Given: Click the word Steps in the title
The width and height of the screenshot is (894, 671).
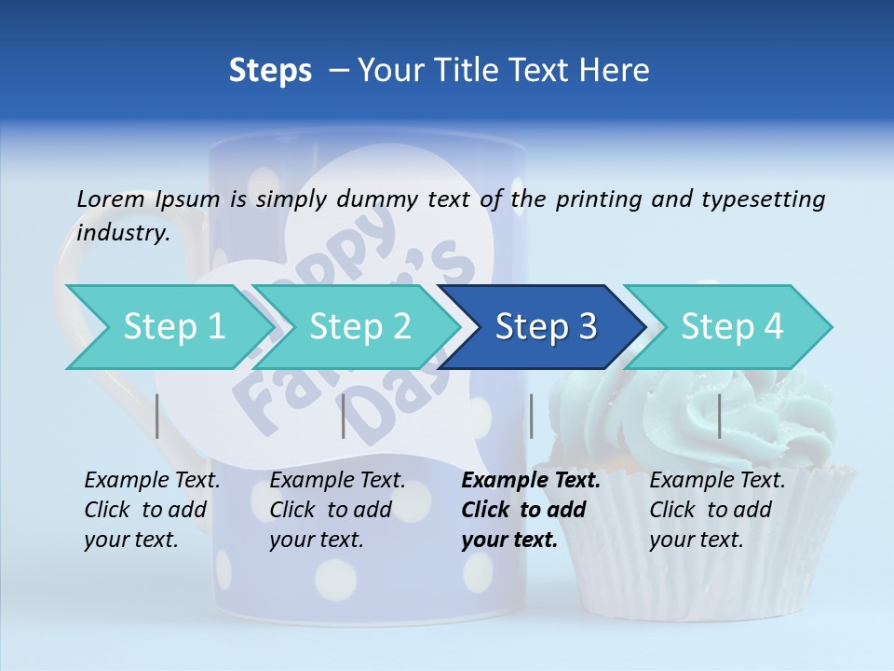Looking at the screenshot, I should pyautogui.click(x=270, y=70).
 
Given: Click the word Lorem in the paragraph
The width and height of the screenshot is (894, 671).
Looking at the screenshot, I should pyautogui.click(x=110, y=199).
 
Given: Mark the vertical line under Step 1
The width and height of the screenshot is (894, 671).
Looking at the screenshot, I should pyautogui.click(x=157, y=416).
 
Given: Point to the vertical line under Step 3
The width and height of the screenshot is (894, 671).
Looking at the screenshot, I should pyautogui.click(x=532, y=416).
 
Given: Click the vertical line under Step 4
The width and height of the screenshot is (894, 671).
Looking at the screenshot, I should pyautogui.click(x=720, y=416).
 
